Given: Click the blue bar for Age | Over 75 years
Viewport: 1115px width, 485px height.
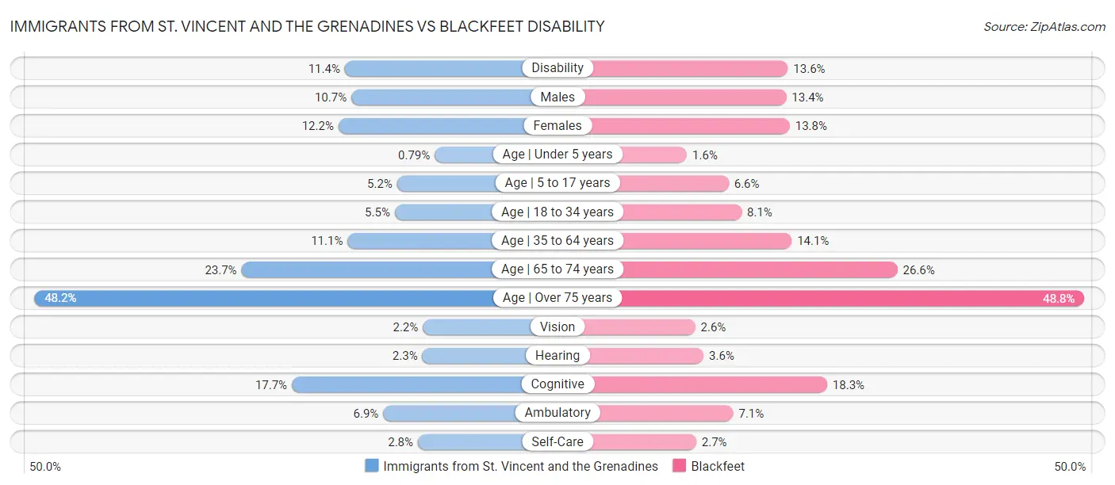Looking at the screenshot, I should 262,298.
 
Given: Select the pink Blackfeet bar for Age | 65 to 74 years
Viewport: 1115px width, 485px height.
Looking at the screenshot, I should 757,269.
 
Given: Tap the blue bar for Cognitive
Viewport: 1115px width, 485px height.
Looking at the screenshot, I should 404,384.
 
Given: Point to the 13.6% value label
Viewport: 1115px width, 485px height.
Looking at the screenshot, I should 809,69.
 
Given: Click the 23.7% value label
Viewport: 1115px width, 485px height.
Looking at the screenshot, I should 220,270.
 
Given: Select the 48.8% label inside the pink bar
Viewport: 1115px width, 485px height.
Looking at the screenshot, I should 1058,299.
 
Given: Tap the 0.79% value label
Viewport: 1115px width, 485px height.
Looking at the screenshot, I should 412,155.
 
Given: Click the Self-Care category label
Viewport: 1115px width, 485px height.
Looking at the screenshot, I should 557,441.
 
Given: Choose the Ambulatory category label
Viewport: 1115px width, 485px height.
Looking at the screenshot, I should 557,413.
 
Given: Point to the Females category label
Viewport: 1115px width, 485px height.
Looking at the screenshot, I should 557,125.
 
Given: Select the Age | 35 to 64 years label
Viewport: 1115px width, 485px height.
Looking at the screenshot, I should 557,240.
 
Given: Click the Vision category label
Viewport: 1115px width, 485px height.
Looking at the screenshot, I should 557,327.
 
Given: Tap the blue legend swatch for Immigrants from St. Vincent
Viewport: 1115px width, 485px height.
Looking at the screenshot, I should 372,466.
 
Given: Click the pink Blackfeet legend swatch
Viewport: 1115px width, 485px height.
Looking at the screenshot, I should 679,466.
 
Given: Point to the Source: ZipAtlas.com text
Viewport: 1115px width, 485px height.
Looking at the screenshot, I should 1044,27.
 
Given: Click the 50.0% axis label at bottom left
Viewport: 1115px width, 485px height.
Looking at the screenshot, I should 45,467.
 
